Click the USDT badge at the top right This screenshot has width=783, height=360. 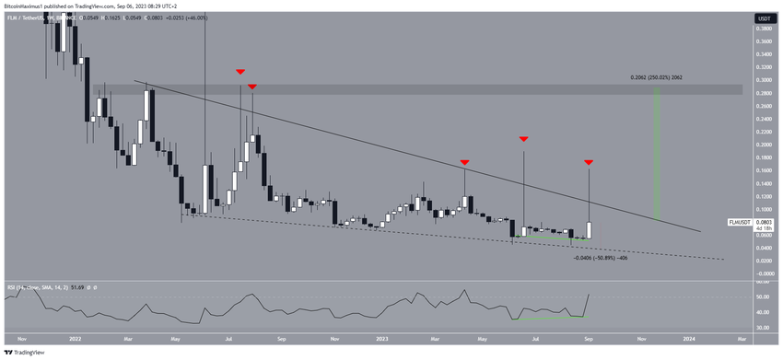point(763,17)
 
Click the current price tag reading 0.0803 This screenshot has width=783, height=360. point(764,222)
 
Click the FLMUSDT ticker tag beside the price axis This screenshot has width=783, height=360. point(739,222)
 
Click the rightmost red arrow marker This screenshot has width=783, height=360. point(588,162)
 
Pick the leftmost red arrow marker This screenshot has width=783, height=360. point(240,72)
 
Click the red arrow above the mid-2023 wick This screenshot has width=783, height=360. point(523,139)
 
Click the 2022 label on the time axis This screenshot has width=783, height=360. point(75,339)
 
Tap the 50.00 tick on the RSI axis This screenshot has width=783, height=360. point(763,296)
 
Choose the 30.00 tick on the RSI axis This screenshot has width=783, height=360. point(763,326)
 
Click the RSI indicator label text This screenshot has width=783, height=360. point(46,288)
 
